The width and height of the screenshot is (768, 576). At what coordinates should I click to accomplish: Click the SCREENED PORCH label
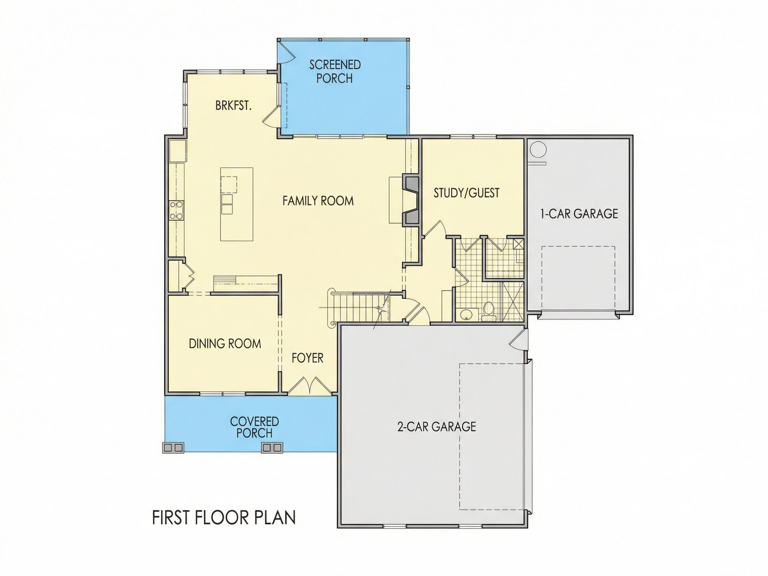point(335,72)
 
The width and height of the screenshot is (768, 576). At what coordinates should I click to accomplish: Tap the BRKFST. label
point(233,106)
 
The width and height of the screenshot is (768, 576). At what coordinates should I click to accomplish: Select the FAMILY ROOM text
point(318,201)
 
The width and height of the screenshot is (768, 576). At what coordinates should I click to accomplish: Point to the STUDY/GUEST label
point(466,193)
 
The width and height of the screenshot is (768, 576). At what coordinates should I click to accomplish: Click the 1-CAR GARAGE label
point(579,214)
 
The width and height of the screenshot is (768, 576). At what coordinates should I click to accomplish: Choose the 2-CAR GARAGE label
point(436,426)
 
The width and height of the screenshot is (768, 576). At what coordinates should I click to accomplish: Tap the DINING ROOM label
point(225,343)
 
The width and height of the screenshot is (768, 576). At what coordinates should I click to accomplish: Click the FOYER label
point(308,358)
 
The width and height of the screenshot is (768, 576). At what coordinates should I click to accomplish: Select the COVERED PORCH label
point(254,427)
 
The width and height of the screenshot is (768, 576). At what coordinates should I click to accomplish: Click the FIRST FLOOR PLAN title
point(224,517)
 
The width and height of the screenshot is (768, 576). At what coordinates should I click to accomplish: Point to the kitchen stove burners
point(176,210)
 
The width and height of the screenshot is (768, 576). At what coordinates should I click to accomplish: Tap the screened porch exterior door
point(286,51)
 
